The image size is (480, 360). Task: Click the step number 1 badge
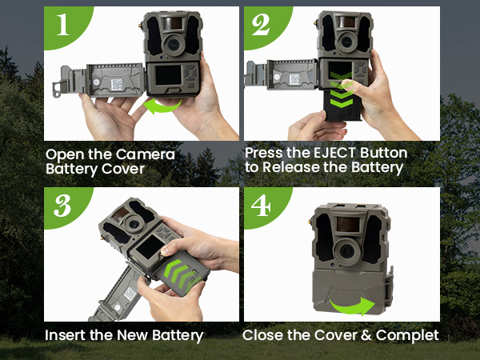tap(63, 25)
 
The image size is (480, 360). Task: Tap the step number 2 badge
tap(261, 25)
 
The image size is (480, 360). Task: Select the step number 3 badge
tap(62, 206)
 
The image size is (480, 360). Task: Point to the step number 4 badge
tap(261, 206)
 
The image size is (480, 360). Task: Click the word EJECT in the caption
tap(334, 153)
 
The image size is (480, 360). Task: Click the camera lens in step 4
tap(347, 252)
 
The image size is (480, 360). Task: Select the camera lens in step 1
tap(174, 45)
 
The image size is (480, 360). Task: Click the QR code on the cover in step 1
tap(117, 85)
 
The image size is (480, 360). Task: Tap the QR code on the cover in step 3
tap(130, 294)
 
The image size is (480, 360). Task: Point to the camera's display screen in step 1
tap(168, 75)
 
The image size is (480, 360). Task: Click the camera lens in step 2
tap(346, 41)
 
